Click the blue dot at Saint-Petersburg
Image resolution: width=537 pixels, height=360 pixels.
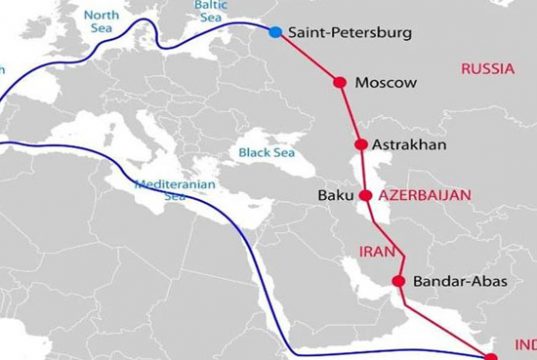click(x=276, y=32)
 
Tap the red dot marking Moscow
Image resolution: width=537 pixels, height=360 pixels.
click(x=339, y=82)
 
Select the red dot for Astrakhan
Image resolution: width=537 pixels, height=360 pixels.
click(x=360, y=145)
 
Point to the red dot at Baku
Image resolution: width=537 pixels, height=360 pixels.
click(x=366, y=195)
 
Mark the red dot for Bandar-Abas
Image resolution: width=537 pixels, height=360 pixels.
click(x=399, y=282)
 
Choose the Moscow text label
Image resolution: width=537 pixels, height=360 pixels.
click(x=386, y=83)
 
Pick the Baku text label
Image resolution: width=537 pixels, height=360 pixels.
click(x=334, y=195)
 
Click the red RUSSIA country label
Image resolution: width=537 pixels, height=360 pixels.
click(x=487, y=70)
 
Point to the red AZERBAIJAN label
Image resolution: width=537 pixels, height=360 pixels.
click(x=424, y=195)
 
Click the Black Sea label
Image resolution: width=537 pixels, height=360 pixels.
click(x=266, y=153)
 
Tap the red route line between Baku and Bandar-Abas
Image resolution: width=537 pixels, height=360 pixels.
click(x=383, y=240)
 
